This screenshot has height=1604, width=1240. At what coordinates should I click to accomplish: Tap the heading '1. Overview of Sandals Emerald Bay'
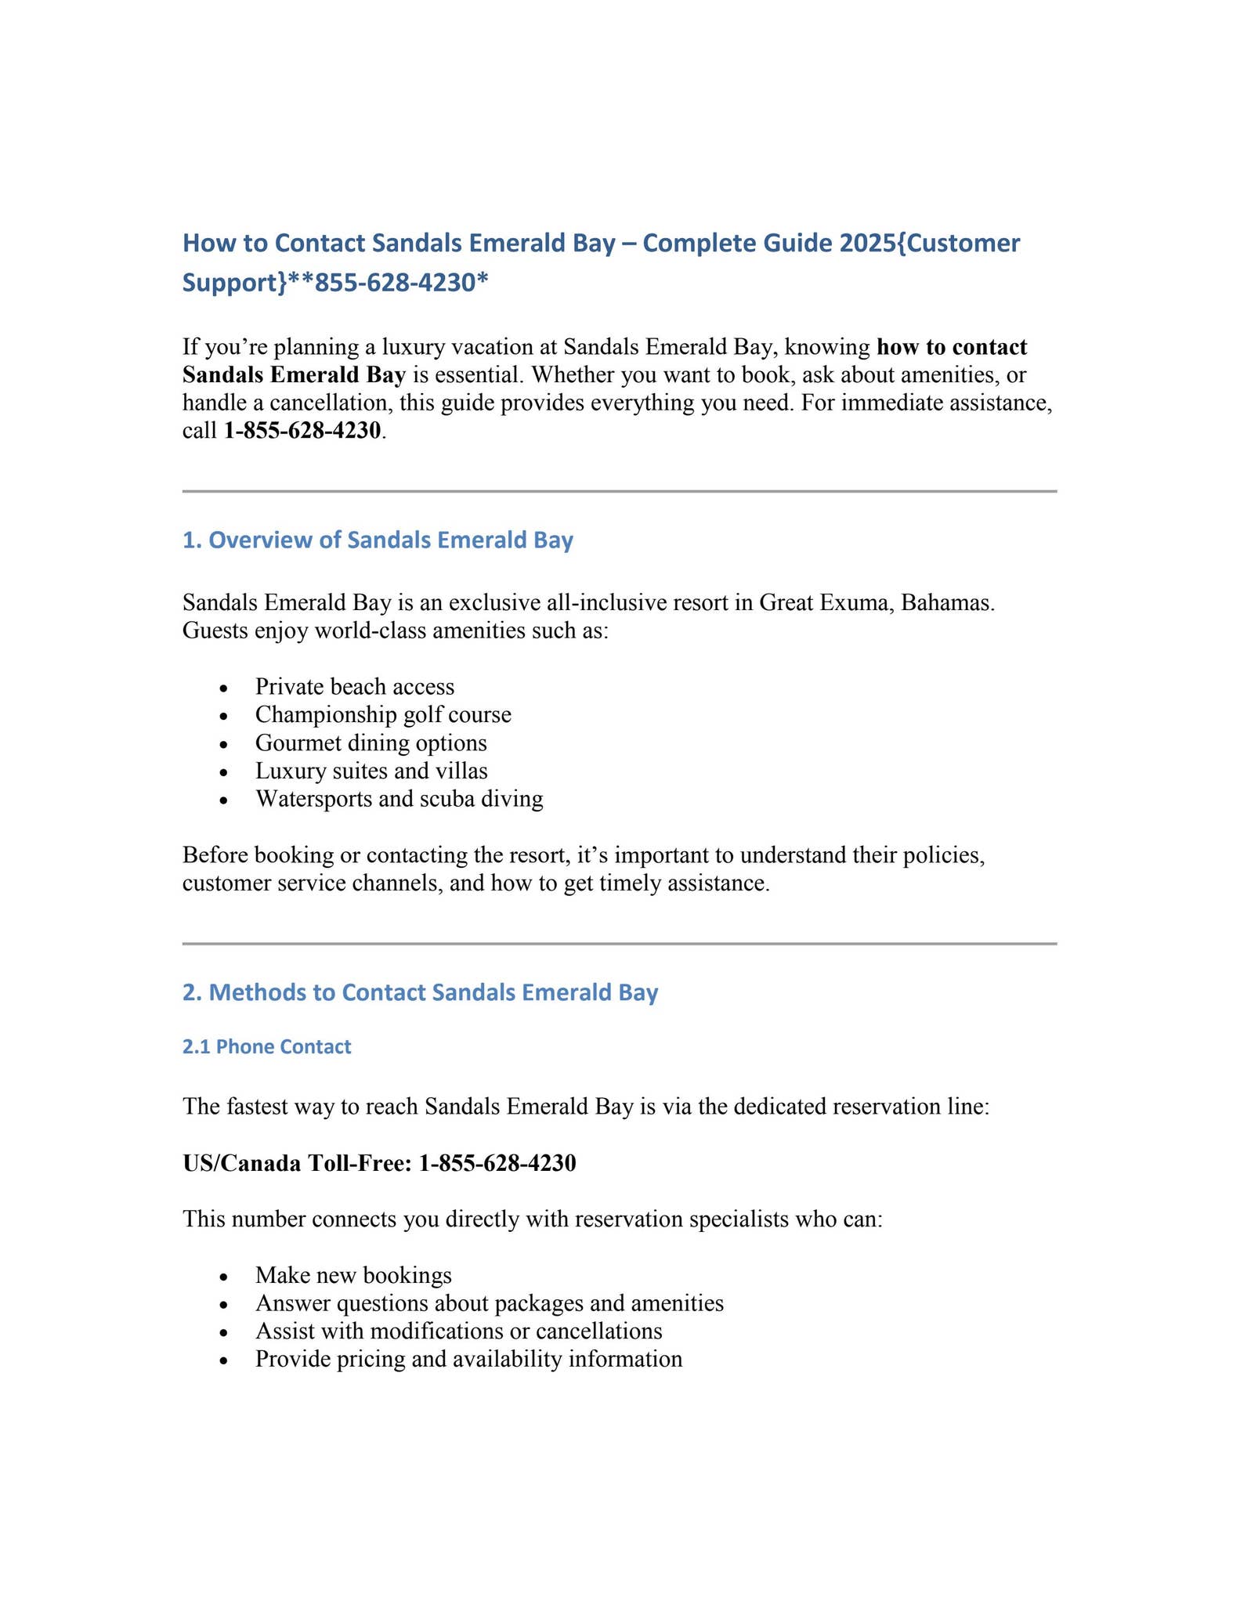[x=378, y=540]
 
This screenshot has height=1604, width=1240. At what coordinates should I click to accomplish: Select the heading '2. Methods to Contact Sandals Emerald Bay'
[x=420, y=992]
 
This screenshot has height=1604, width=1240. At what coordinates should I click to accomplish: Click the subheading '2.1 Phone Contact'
[x=266, y=1047]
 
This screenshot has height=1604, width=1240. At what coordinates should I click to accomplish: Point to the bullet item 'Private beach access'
[x=354, y=687]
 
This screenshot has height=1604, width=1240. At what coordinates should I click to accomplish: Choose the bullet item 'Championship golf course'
[x=383, y=715]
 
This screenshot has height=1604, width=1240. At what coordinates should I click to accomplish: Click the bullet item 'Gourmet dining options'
[x=371, y=743]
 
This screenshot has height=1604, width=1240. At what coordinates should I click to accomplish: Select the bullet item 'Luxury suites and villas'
[x=371, y=771]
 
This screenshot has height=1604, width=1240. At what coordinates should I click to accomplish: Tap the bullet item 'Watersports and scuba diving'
[x=399, y=800]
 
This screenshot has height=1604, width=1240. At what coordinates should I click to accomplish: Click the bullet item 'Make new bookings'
[x=353, y=1275]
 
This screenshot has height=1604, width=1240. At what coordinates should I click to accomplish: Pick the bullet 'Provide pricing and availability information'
[x=468, y=1359]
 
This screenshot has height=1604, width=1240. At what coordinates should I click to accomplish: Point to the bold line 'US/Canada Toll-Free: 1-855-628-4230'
[x=379, y=1163]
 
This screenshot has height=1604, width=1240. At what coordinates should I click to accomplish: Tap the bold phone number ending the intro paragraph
[x=302, y=431]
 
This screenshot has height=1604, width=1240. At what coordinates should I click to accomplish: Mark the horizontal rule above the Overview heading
[x=619, y=492]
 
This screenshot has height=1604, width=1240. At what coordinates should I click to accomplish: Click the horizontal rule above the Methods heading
[x=619, y=944]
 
